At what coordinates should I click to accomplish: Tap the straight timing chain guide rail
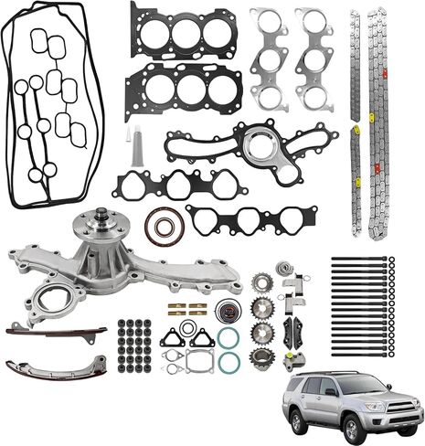point(55,330)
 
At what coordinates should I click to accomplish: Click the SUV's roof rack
point(338,374)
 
